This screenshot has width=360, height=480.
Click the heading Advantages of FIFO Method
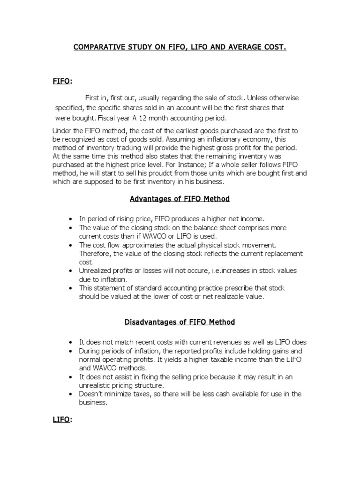click(180, 199)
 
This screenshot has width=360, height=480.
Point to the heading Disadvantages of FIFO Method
click(180, 322)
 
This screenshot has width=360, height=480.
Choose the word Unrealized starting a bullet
click(97, 271)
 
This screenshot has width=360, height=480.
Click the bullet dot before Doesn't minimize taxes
click(70, 394)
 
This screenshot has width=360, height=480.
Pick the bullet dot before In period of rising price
click(70, 219)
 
